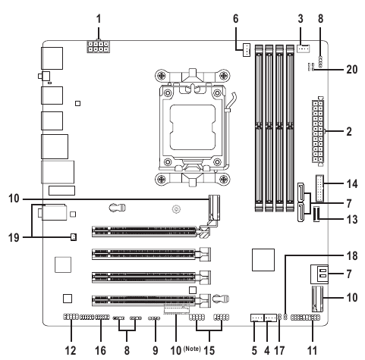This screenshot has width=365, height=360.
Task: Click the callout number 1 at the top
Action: [x=99, y=19]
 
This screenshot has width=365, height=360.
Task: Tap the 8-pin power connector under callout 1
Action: [x=99, y=46]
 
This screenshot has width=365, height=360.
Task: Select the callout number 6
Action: [x=235, y=19]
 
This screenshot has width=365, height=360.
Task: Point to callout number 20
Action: [x=352, y=69]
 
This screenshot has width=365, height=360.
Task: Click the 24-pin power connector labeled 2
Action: [x=318, y=131]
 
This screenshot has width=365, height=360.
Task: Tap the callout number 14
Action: [x=352, y=184]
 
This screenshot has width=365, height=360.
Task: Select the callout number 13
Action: [x=352, y=220]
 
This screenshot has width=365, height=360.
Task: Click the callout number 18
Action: [x=352, y=256]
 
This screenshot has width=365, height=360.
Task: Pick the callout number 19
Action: [x=14, y=238]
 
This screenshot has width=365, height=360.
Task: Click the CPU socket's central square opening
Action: [x=193, y=127]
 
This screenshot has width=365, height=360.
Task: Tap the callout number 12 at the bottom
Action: [x=71, y=351]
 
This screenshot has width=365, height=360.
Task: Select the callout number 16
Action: [x=100, y=351]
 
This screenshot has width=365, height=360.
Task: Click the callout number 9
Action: [x=156, y=351]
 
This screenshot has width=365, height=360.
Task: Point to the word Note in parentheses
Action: [x=192, y=349]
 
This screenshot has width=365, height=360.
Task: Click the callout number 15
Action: [x=209, y=351]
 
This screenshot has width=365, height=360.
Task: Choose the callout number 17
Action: [x=279, y=351]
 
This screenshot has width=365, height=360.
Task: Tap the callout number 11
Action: [x=312, y=351]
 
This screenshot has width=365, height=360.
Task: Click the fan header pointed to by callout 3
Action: [x=303, y=49]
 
